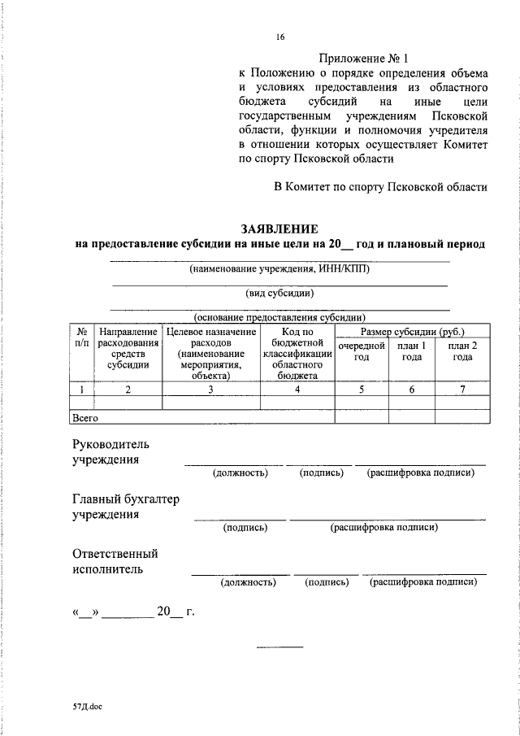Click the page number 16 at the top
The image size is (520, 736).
(x=280, y=37)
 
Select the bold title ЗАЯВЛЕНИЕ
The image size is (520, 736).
(x=279, y=229)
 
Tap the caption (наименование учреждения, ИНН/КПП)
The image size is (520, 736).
(x=279, y=268)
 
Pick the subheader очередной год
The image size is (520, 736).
(x=362, y=351)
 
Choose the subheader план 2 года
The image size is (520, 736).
(x=463, y=351)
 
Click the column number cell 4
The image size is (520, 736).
(x=297, y=390)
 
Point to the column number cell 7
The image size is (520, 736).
(x=463, y=390)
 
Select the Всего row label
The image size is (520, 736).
(x=85, y=417)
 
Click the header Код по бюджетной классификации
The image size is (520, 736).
(x=297, y=354)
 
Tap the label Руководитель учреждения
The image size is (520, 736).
(x=110, y=452)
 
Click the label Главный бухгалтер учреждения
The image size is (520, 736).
(x=124, y=507)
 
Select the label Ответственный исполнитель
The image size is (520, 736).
(x=114, y=561)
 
